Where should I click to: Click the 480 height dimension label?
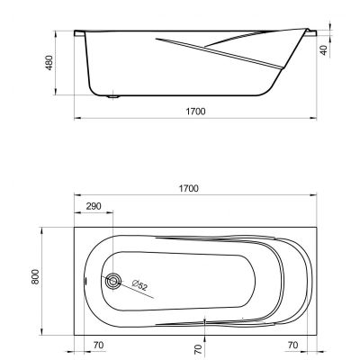pyautogui.click(x=49, y=63)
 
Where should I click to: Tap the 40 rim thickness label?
pyautogui.click(x=324, y=49)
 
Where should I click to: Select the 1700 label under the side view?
pyautogui.click(x=195, y=112)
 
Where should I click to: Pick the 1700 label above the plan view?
pyautogui.click(x=188, y=188)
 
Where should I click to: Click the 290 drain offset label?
pyautogui.click(x=94, y=206)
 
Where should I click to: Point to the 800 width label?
pyautogui.click(x=35, y=277)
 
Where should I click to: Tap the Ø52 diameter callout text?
pyautogui.click(x=139, y=285)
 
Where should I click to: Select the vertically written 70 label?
pyautogui.click(x=198, y=350)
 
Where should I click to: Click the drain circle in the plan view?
pyautogui.click(x=113, y=282)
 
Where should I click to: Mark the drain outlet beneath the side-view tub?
pyautogui.click(x=113, y=97)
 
